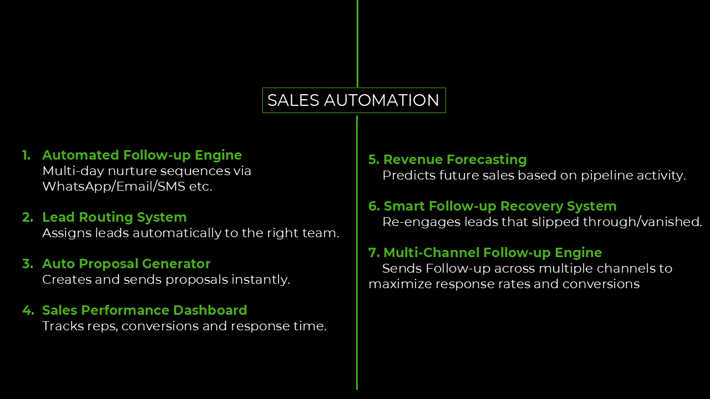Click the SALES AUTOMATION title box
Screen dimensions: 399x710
pyautogui.click(x=353, y=100)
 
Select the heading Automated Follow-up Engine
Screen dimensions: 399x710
pyautogui.click(x=142, y=155)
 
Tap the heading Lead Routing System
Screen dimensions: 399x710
pyautogui.click(x=114, y=217)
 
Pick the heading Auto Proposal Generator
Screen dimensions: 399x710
pyautogui.click(x=126, y=264)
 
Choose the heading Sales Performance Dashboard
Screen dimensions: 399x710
pyautogui.click(x=144, y=310)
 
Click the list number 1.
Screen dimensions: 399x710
pyautogui.click(x=26, y=155)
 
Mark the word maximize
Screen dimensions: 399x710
pyautogui.click(x=400, y=284)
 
